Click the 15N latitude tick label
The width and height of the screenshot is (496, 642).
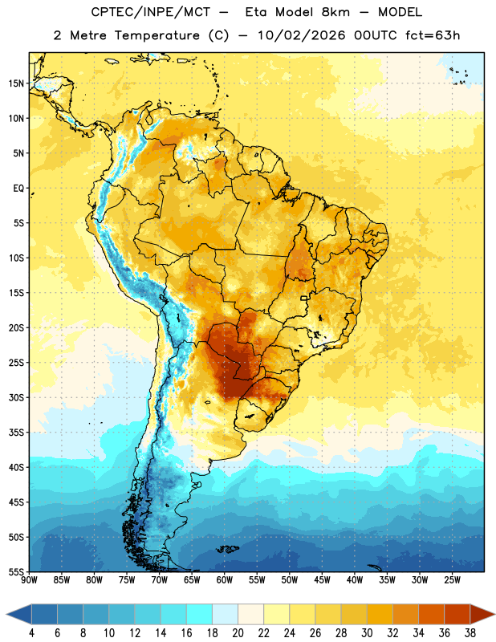[x=16, y=83]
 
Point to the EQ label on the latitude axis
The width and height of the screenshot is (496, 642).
[x=18, y=189]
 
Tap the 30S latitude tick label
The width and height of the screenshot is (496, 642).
[x=16, y=398]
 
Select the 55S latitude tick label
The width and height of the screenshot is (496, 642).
[x=16, y=572]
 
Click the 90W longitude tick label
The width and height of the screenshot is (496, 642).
[x=30, y=580]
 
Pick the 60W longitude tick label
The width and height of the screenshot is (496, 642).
[x=225, y=580]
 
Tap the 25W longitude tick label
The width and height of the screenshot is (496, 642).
[x=452, y=580]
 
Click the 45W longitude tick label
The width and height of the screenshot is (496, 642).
[x=322, y=580]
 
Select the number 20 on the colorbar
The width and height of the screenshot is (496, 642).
[x=238, y=633]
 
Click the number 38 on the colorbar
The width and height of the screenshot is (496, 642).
[x=470, y=633]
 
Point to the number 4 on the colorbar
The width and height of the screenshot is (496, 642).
[x=31, y=633]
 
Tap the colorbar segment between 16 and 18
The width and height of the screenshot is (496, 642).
[x=200, y=615]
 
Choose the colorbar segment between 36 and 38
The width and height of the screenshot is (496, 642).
[x=457, y=615]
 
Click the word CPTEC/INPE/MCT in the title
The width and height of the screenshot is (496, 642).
[x=151, y=13]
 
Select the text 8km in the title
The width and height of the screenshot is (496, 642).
[x=335, y=12]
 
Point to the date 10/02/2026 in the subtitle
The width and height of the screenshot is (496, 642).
[x=302, y=35]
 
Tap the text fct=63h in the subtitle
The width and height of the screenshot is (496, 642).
[x=433, y=35]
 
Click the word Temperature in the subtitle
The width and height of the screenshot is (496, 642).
[x=157, y=36]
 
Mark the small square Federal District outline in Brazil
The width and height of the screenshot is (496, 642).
[x=304, y=298]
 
